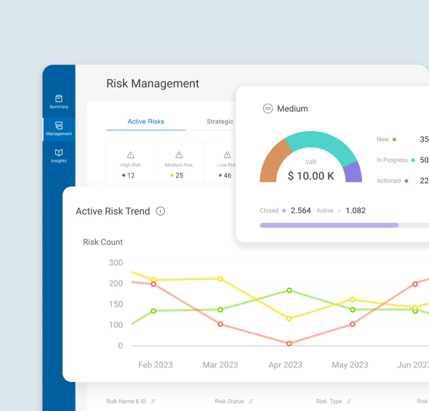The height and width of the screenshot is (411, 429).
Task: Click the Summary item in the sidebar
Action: click(59, 102)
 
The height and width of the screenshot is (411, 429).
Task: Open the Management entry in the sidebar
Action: click(59, 128)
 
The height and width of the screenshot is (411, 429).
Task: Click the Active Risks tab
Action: click(146, 121)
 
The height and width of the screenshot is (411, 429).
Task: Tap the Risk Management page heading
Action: click(152, 83)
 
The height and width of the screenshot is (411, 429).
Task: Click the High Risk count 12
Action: click(131, 175)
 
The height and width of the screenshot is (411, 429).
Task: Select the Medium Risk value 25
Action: click(179, 175)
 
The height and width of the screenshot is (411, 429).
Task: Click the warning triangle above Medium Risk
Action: click(179, 155)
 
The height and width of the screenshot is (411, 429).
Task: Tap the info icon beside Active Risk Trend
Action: click(160, 211)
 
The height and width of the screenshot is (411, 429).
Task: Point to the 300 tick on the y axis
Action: click(116, 262)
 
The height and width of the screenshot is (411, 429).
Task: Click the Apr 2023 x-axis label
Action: click(285, 365)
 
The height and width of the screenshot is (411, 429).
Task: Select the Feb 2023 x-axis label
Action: click(155, 365)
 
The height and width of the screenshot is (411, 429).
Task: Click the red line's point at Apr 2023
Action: click(289, 343)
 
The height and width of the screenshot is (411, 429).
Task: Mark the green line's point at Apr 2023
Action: click(289, 290)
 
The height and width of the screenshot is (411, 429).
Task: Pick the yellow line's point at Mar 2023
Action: click(220, 278)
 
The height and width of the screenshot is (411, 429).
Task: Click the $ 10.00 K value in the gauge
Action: click(311, 176)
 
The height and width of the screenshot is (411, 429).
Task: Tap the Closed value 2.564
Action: click(301, 211)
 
